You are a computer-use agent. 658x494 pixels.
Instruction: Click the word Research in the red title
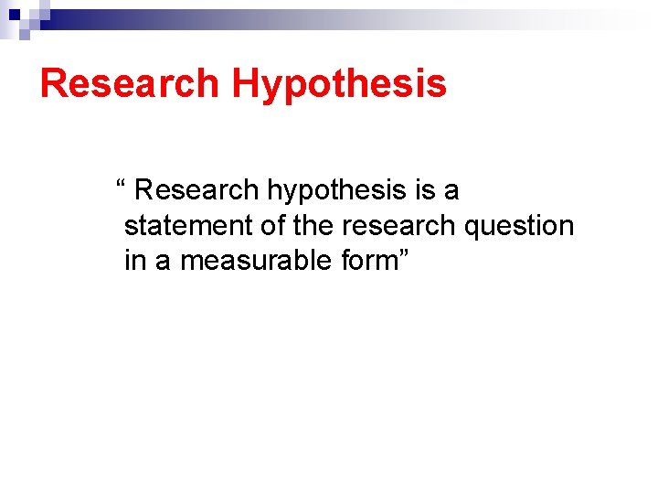click(x=130, y=83)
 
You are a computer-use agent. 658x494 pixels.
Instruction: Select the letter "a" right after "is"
click(x=451, y=192)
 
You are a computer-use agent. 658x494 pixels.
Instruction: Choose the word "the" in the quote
click(x=314, y=226)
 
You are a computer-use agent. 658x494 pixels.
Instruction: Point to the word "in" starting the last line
click(x=134, y=261)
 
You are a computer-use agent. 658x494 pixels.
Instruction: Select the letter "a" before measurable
click(x=162, y=263)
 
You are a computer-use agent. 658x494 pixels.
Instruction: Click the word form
click(x=370, y=262)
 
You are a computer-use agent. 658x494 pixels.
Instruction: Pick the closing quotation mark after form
click(x=405, y=255)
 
